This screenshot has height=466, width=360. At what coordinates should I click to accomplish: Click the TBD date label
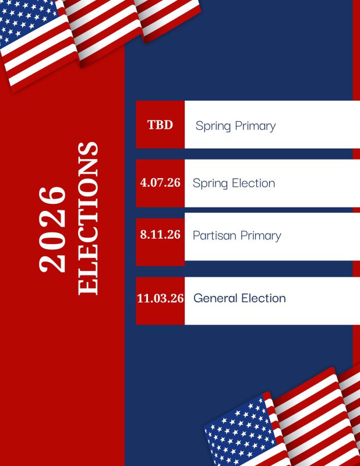160,125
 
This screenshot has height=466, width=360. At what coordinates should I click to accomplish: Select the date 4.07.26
160,182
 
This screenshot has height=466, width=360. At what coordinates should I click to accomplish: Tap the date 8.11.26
160,235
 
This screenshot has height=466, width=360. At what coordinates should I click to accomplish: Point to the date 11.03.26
160,298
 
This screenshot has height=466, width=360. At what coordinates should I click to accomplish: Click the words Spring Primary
235,126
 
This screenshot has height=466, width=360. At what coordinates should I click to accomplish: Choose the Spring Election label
234,183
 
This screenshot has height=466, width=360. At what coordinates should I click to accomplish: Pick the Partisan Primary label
237,236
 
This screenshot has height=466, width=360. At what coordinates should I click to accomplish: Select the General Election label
239,298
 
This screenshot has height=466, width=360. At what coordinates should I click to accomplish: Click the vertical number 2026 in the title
52,230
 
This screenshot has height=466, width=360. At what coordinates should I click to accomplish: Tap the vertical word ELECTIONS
88,218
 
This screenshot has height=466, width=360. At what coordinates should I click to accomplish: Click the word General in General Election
215,298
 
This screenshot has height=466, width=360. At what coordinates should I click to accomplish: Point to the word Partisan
214,235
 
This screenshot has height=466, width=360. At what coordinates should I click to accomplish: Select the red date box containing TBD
160,125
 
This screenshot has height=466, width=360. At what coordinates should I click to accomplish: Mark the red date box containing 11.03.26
160,301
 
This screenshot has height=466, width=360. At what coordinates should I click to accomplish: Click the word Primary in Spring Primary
255,126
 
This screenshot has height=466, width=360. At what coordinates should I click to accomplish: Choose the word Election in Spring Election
253,183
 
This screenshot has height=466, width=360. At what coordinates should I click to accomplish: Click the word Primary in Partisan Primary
261,236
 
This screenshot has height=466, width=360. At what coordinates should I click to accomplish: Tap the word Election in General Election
263,298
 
